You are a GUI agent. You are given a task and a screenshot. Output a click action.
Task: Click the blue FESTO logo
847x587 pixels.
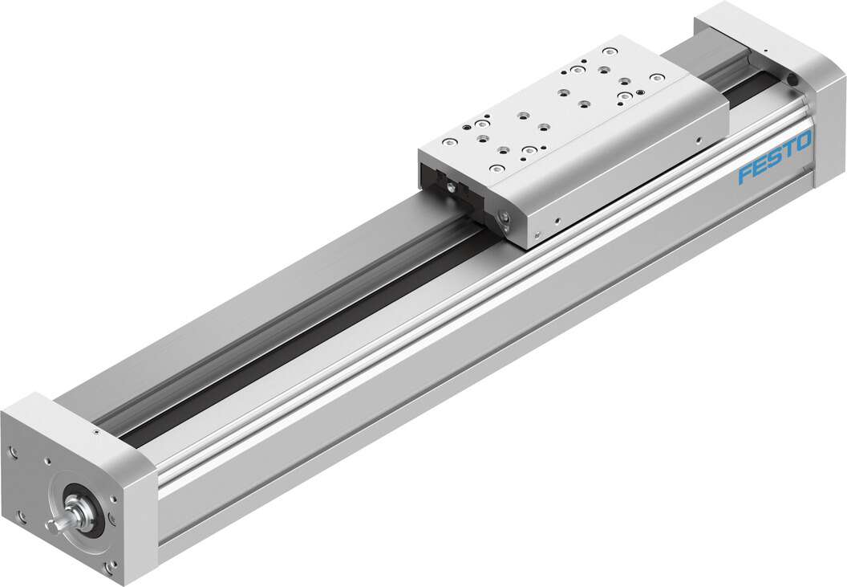coord(774,158)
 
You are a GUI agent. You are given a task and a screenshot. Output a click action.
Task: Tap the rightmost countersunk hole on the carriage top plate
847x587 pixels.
coord(657,78)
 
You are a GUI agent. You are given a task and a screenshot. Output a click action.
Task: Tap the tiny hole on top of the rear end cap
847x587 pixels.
coord(764,51)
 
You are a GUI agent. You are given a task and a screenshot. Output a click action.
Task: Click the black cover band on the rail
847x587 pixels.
coord(321,322)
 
